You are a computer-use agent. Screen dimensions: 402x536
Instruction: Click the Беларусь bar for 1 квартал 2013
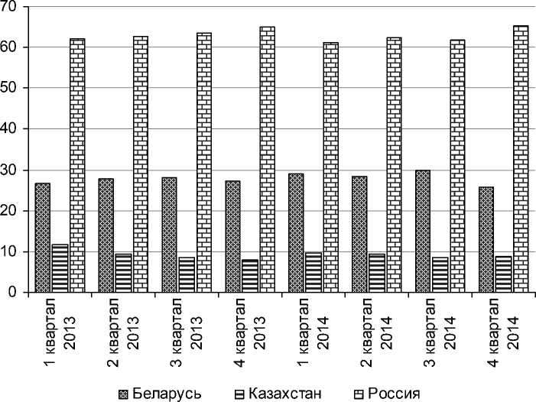point(42,238)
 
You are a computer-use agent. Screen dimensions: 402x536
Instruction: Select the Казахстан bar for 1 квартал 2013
point(60,268)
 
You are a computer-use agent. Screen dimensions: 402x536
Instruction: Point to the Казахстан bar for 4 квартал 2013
point(249,276)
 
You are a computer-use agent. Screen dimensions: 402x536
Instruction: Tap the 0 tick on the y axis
point(17,293)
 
